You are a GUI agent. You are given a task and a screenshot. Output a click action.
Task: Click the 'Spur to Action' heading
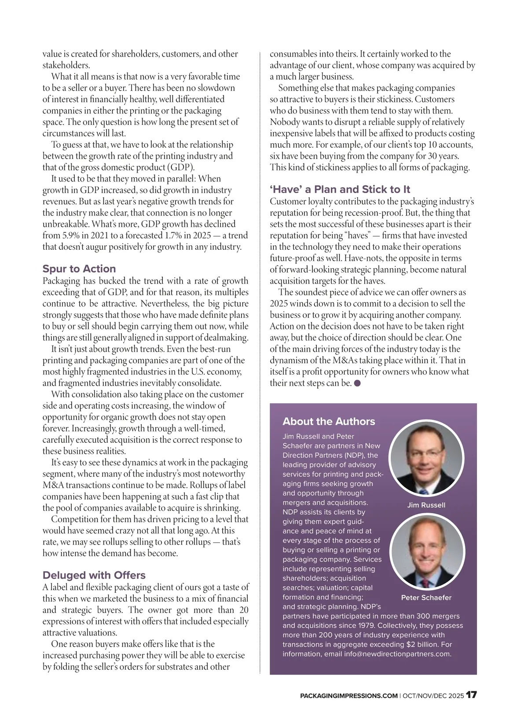tap(79, 269)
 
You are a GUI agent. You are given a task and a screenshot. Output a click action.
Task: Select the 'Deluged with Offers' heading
tap(94, 575)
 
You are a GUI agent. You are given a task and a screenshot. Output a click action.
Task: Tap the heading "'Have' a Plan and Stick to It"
tap(340, 190)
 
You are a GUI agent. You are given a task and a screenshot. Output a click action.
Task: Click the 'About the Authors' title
tap(329, 421)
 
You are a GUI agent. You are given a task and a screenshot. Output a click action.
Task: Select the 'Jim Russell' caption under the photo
tap(426, 505)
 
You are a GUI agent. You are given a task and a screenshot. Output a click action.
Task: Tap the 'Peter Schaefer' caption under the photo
tap(426, 598)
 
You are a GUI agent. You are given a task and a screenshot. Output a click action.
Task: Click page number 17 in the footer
tap(471, 695)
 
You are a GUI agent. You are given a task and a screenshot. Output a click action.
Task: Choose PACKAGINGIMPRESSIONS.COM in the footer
tap(348, 696)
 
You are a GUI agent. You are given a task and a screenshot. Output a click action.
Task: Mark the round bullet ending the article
tap(357, 383)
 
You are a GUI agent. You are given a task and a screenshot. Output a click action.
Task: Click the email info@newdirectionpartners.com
tap(388, 654)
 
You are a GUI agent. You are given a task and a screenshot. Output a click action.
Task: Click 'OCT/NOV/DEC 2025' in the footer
tap(433, 696)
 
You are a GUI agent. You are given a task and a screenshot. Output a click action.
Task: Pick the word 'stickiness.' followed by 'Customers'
tap(392, 99)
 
